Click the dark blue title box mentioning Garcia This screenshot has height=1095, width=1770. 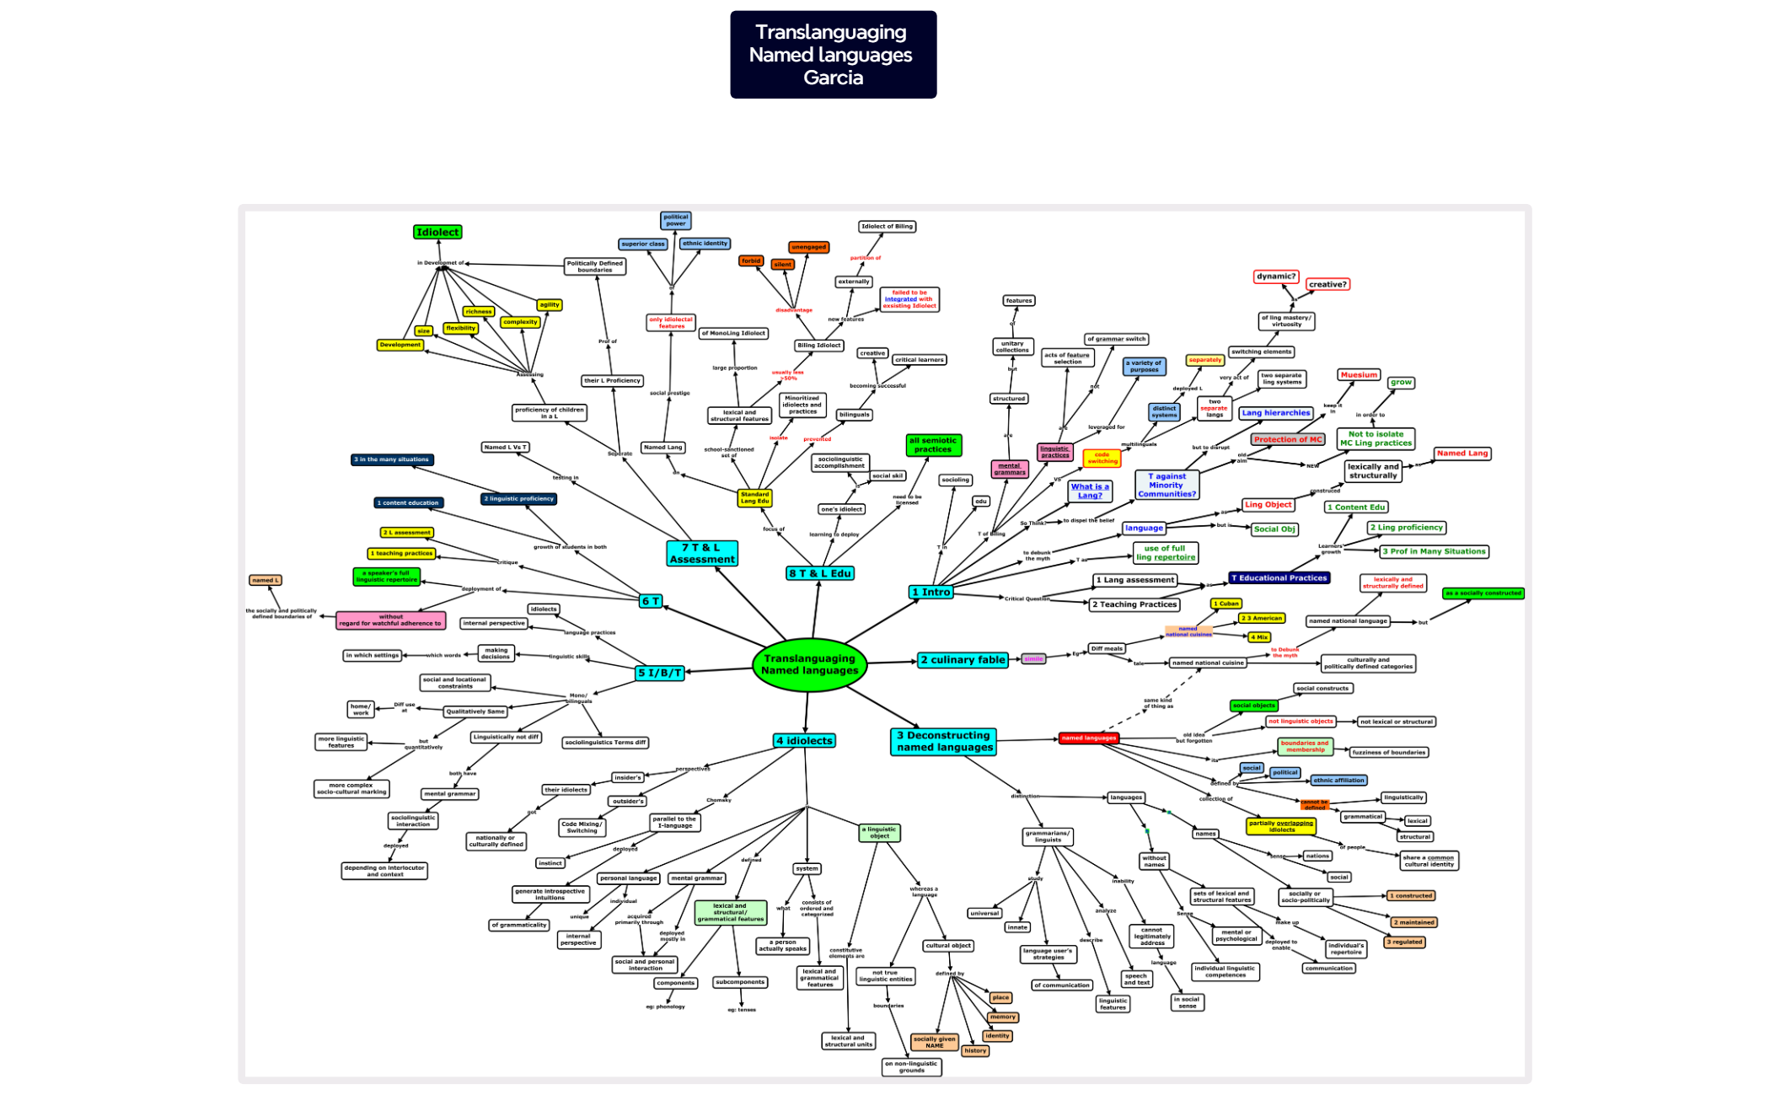click(x=833, y=55)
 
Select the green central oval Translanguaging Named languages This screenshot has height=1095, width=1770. click(x=809, y=664)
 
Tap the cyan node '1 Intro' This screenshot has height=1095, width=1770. click(x=931, y=592)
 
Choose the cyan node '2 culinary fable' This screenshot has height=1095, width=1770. click(x=963, y=660)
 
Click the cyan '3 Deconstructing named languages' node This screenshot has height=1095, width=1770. click(x=943, y=741)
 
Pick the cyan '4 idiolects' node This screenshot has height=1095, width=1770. click(x=804, y=740)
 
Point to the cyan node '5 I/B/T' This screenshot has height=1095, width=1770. click(x=659, y=673)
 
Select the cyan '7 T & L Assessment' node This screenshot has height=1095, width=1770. click(x=702, y=553)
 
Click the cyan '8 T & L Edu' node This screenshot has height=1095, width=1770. click(x=819, y=573)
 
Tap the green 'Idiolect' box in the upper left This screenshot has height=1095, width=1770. click(x=437, y=232)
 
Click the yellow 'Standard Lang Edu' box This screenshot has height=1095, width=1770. click(x=754, y=497)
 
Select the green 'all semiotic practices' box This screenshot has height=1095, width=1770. click(x=933, y=444)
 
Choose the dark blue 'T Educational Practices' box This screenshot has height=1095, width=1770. click(x=1279, y=577)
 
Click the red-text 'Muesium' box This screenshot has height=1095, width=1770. click(x=1359, y=374)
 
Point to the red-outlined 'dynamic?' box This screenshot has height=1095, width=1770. click(x=1275, y=276)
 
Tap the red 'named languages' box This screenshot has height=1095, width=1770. click(x=1088, y=738)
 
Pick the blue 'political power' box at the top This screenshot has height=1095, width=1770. click(x=675, y=220)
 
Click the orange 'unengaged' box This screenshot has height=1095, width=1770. click(x=808, y=247)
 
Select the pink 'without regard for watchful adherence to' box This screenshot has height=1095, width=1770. click(x=390, y=620)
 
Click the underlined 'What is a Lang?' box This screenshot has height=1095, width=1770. click(x=1090, y=491)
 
